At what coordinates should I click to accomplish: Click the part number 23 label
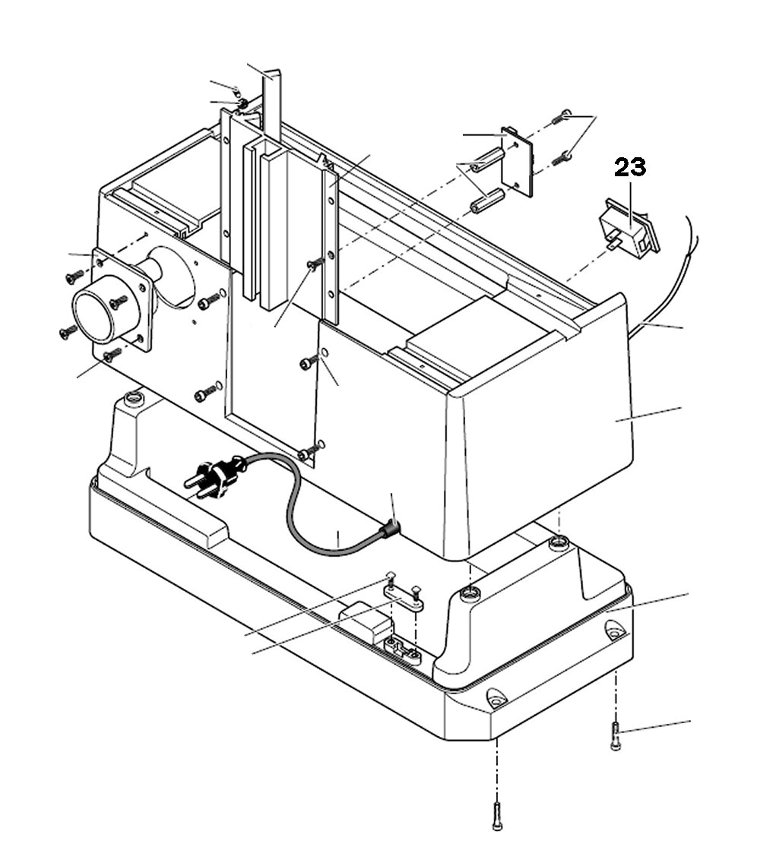point(630,167)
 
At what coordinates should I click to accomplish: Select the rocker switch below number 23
point(629,228)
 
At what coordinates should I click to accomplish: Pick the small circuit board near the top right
point(518,160)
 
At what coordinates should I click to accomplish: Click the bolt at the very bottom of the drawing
point(497,815)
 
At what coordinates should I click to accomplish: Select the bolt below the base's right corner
point(616,736)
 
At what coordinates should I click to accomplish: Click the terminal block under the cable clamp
point(403,651)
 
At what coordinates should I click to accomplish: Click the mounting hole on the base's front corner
point(496,697)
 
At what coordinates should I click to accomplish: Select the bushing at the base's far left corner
point(135,397)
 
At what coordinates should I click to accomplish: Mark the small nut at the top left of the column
point(242,103)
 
